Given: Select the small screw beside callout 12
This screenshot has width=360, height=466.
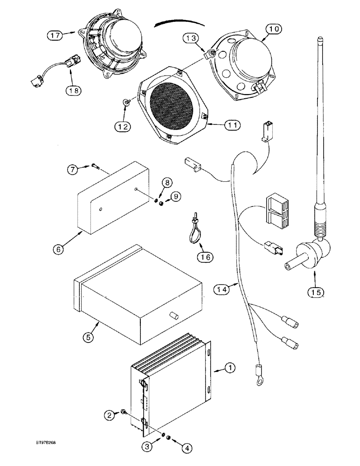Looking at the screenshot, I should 128,100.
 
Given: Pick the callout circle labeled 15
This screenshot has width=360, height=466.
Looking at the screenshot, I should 304,292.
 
